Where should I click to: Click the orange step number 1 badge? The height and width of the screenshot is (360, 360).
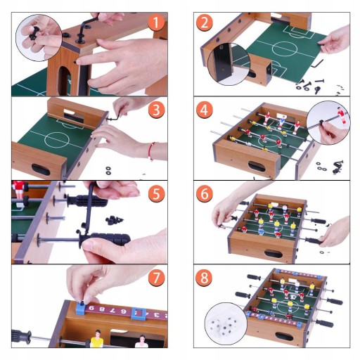pyautogui.click(x=157, y=22)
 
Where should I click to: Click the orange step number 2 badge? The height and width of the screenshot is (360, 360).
pyautogui.click(x=205, y=22)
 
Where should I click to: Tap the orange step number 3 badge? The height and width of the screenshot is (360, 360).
pyautogui.click(x=157, y=110)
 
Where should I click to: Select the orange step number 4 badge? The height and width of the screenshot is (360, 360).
pyautogui.click(x=205, y=110)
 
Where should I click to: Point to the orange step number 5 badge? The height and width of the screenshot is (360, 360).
pyautogui.click(x=157, y=193)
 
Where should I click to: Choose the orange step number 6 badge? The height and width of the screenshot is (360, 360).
pyautogui.click(x=205, y=193)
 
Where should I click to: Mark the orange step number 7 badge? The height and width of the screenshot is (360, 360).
pyautogui.click(x=157, y=277)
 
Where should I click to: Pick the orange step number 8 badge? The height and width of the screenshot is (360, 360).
pyautogui.click(x=205, y=277)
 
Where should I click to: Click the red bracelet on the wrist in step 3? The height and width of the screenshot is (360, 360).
pyautogui.click(x=152, y=151)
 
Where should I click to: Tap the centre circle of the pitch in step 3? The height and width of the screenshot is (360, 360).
pyautogui.click(x=57, y=139)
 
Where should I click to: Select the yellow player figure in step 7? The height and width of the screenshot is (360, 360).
pyautogui.click(x=96, y=339)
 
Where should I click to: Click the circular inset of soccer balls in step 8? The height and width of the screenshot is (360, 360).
pyautogui.click(x=226, y=323)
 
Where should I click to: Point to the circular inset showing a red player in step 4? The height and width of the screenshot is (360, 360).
pyautogui.click(x=328, y=123)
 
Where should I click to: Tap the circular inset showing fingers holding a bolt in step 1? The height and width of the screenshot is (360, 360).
pyautogui.click(x=39, y=38)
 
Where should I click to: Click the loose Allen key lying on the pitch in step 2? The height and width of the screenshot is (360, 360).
pyautogui.click(x=317, y=63)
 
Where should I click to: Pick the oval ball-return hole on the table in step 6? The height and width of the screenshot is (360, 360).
pyautogui.click(x=274, y=254)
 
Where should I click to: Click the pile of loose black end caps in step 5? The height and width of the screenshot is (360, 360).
pyautogui.click(x=114, y=220)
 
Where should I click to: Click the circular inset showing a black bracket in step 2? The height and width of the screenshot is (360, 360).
pyautogui.click(x=229, y=64)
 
